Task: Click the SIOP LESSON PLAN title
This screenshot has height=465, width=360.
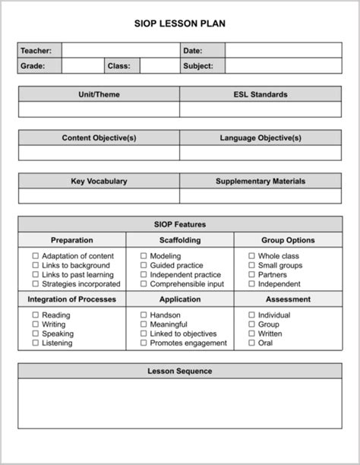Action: [x=180, y=24]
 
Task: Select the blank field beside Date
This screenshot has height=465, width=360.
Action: [x=283, y=51]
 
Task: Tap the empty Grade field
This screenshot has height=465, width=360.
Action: [x=82, y=66]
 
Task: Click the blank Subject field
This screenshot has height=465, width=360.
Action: [x=283, y=66]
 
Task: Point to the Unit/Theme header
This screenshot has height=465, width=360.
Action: [x=99, y=95]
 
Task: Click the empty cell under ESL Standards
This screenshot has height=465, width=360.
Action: [x=261, y=110]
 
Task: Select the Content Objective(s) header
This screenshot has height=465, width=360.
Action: [x=99, y=138]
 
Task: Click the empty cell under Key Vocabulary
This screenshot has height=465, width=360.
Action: [x=99, y=197]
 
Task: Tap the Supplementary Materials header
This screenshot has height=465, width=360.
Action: [x=261, y=182]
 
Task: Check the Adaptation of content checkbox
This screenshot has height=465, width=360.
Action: [x=35, y=257]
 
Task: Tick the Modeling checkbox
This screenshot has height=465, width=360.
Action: [x=144, y=257]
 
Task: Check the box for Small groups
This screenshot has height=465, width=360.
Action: [x=251, y=266]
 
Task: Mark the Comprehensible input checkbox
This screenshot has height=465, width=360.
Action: [x=144, y=284]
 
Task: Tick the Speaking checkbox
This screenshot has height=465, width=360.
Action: [x=35, y=334]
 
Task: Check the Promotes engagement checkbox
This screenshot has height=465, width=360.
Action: [x=144, y=343]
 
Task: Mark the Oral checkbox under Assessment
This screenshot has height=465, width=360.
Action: [x=251, y=343]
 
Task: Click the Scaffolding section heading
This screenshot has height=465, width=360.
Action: [x=180, y=240]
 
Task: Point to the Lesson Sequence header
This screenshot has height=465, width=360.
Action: [x=180, y=372]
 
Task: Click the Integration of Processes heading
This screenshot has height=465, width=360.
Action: [x=72, y=299]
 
